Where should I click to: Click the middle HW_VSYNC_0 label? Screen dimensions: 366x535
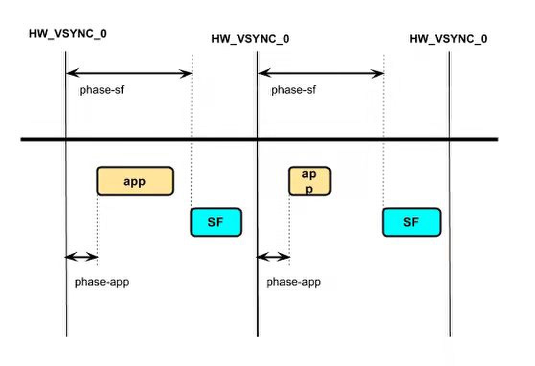(250, 39)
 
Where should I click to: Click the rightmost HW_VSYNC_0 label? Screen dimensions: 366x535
(448, 39)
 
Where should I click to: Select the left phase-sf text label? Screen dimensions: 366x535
(102, 90)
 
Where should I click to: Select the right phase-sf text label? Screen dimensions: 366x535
(293, 90)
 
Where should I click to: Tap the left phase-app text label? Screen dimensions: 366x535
(102, 282)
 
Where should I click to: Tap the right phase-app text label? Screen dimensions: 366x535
(293, 282)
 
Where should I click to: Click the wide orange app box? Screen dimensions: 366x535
(135, 181)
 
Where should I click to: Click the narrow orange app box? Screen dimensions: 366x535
(309, 181)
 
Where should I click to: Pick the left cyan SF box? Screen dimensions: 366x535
(216, 222)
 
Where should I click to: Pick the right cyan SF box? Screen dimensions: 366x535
(411, 222)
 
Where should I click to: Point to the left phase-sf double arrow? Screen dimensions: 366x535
(128, 73)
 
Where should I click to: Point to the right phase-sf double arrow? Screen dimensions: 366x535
(321, 73)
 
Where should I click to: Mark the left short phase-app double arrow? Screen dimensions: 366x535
(81, 257)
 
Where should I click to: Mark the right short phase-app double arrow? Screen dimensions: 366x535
(273, 257)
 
